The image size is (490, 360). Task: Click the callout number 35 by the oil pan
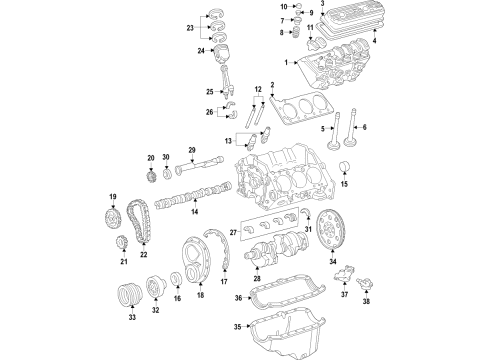point(238,326)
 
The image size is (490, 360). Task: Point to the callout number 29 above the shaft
point(192,149)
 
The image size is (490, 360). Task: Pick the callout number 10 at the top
point(255,8)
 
